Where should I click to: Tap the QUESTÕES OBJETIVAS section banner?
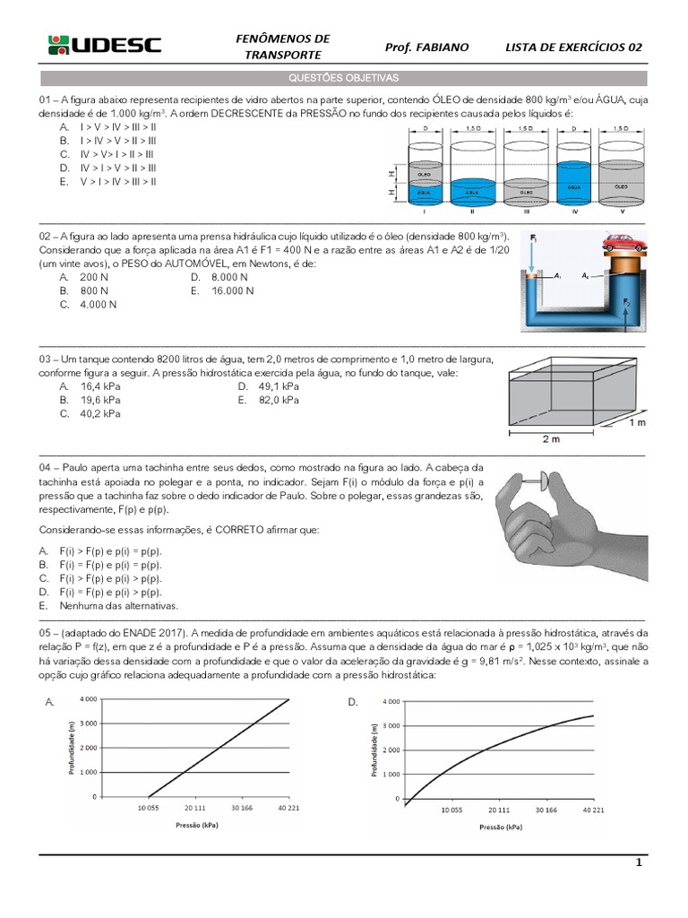[x=343, y=79]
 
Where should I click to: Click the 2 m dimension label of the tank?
[x=551, y=439]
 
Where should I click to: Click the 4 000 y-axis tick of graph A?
[x=88, y=698]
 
